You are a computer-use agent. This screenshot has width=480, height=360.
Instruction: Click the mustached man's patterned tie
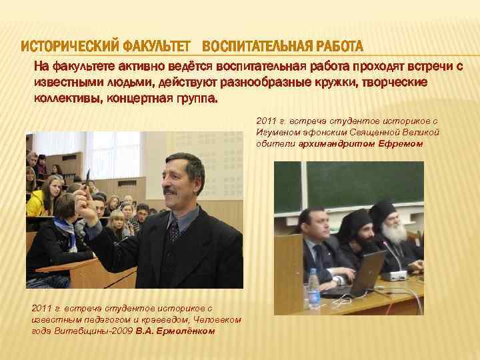point(173,231)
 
